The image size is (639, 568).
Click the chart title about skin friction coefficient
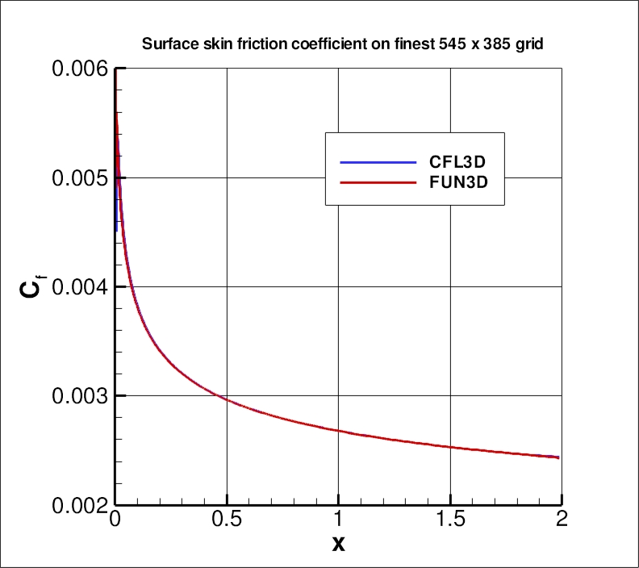(x=342, y=44)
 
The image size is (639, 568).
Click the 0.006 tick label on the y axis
(x=79, y=69)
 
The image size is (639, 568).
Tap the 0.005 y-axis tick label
(x=79, y=177)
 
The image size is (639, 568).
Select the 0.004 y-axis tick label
(x=79, y=286)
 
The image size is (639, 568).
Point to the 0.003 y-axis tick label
(x=79, y=395)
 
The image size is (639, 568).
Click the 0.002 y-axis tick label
(x=79, y=505)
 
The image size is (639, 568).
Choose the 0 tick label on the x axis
(x=115, y=519)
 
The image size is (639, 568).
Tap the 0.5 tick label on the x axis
(x=227, y=519)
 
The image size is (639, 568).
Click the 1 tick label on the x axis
(x=339, y=519)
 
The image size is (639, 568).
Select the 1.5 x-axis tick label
(x=450, y=519)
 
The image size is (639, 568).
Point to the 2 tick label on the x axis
(x=562, y=519)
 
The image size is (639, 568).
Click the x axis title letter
(x=339, y=545)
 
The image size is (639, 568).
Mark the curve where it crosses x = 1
(x=339, y=431)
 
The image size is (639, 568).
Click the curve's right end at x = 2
(x=558, y=457)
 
